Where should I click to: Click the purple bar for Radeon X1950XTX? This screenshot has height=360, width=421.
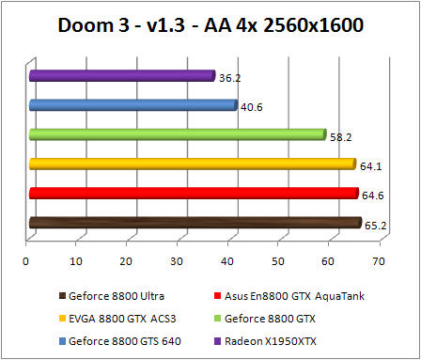pyautogui.click(x=122, y=76)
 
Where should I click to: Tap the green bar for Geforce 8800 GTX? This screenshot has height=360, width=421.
pyautogui.click(x=178, y=134)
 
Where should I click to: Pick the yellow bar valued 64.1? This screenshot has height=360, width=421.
pyautogui.click(x=193, y=164)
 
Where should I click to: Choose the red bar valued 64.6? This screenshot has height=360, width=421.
pyautogui.click(x=194, y=193)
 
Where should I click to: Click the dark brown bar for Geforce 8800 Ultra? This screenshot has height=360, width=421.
pyautogui.click(x=195, y=223)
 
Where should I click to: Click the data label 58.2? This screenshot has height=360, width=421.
pyautogui.click(x=340, y=136)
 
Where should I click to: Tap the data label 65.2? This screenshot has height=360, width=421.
pyautogui.click(x=375, y=225)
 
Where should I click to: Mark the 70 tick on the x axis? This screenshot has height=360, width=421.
pyautogui.click(x=379, y=260)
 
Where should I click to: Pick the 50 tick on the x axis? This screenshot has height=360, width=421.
pyautogui.click(x=278, y=260)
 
